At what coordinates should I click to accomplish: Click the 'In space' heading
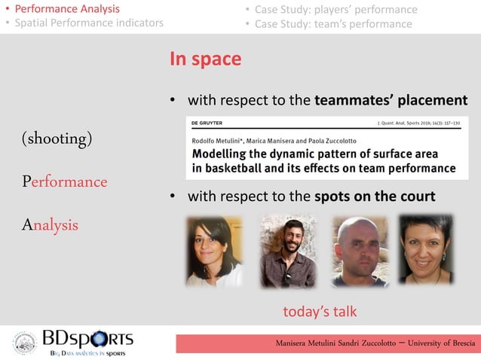[205, 59]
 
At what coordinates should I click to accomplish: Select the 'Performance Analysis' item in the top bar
[68, 9]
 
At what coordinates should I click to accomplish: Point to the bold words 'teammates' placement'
[391, 100]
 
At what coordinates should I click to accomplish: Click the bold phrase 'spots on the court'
[375, 197]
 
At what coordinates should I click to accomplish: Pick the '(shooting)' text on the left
[57, 139]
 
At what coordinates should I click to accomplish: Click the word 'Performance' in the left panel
[64, 182]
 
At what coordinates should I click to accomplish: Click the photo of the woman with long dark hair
[214, 251]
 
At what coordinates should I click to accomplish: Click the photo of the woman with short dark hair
[425, 250]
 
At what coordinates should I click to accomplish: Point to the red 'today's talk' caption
[319, 311]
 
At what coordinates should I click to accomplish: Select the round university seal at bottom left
[24, 343]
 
